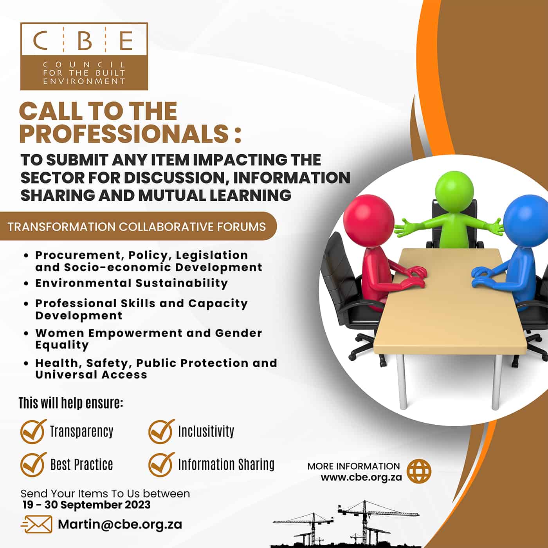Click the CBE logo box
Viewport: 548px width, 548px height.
tap(84, 56)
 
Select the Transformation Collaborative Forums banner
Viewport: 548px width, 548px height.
tap(137, 227)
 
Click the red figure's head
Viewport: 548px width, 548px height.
tap(368, 220)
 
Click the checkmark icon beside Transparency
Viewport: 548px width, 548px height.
tap(33, 431)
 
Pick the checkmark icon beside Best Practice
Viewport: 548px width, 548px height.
tap(33, 465)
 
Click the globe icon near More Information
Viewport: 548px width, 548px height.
tap(418, 471)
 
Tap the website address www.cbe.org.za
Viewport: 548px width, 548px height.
tap(361, 478)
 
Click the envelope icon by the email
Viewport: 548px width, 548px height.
tap(37, 524)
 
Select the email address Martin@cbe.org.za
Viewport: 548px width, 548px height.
tap(120, 524)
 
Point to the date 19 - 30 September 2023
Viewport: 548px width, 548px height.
tap(87, 505)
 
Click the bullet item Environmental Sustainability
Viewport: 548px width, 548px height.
tap(131, 283)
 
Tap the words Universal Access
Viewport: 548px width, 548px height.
tap(91, 375)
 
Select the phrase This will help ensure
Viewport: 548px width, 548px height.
tap(71, 403)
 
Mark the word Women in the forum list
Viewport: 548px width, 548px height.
tap(59, 333)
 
